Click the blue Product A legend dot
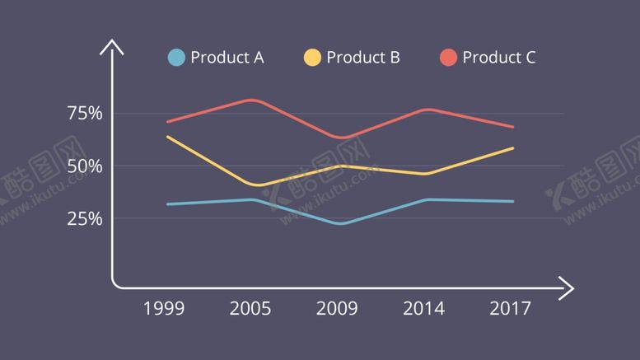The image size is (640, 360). click(x=176, y=57)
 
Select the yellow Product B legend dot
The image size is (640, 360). click(x=312, y=57)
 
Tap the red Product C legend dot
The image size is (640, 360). click(x=448, y=57)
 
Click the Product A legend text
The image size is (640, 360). click(x=227, y=57)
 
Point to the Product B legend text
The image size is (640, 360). click(x=363, y=57)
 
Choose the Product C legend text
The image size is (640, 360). click(x=499, y=57)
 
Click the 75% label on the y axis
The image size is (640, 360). click(x=85, y=114)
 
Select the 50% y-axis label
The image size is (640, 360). click(x=85, y=166)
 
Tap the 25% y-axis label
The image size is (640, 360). click(x=85, y=219)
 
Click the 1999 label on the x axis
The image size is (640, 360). click(x=164, y=309)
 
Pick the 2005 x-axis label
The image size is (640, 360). click(x=250, y=309)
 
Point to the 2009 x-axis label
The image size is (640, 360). click(x=337, y=309)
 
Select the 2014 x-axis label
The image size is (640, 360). click(x=423, y=309)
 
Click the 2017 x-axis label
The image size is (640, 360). click(x=511, y=309)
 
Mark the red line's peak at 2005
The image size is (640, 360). click(x=251, y=100)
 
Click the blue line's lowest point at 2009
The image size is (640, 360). click(x=339, y=223)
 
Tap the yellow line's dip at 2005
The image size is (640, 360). click(x=257, y=185)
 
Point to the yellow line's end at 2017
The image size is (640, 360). click(x=512, y=148)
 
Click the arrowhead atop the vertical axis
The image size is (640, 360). click(x=111, y=46)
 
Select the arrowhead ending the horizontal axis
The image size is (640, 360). click(x=567, y=288)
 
